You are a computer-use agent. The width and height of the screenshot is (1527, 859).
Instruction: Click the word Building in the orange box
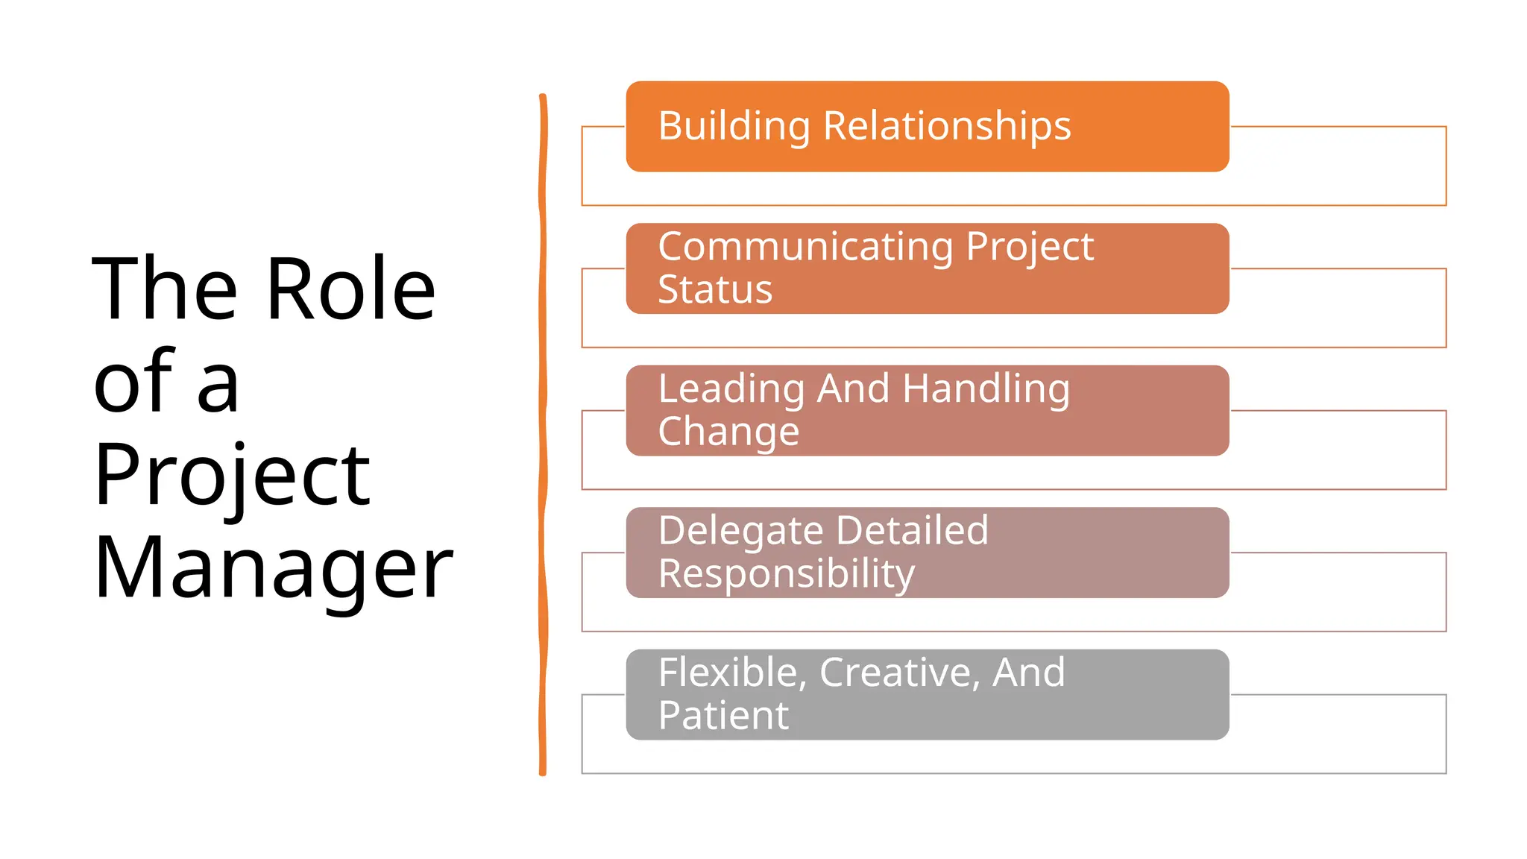tap(734, 127)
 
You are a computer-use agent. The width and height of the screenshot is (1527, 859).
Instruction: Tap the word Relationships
tap(947, 126)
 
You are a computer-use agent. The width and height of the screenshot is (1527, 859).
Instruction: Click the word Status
tap(715, 290)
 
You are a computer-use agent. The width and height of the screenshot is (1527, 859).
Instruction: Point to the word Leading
tap(731, 390)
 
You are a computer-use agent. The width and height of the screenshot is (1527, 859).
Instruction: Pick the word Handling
tap(986, 390)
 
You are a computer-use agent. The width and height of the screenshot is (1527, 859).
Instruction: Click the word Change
tap(728, 432)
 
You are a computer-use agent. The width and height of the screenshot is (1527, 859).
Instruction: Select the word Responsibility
tap(786, 574)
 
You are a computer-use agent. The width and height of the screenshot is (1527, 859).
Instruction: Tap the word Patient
tap(723, 716)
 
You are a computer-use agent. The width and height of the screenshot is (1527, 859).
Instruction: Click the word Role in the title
tap(350, 289)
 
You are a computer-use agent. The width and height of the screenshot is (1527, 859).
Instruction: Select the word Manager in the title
tap(273, 568)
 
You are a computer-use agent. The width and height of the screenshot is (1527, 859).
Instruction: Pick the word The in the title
tap(165, 289)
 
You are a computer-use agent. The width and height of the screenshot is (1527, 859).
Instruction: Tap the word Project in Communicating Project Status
tap(1029, 248)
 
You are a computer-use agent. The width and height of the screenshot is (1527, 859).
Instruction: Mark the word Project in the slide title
tap(231, 475)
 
